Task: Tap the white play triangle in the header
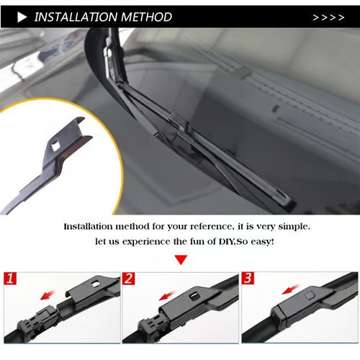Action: click(x=22, y=16)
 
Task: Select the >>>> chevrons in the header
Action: click(x=328, y=17)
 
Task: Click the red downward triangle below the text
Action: click(x=181, y=259)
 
